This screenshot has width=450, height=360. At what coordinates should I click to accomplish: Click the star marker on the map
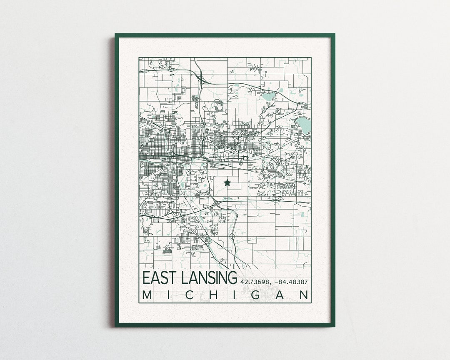click(x=227, y=182)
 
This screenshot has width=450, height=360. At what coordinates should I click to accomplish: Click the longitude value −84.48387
click(x=291, y=282)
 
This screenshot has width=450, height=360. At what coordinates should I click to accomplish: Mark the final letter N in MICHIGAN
click(x=305, y=295)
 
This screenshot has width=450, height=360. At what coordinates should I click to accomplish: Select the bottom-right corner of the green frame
click(x=333, y=325)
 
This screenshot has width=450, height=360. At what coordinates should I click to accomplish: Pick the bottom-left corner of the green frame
click(x=117, y=325)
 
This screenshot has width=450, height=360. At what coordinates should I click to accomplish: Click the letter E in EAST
click(x=147, y=278)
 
